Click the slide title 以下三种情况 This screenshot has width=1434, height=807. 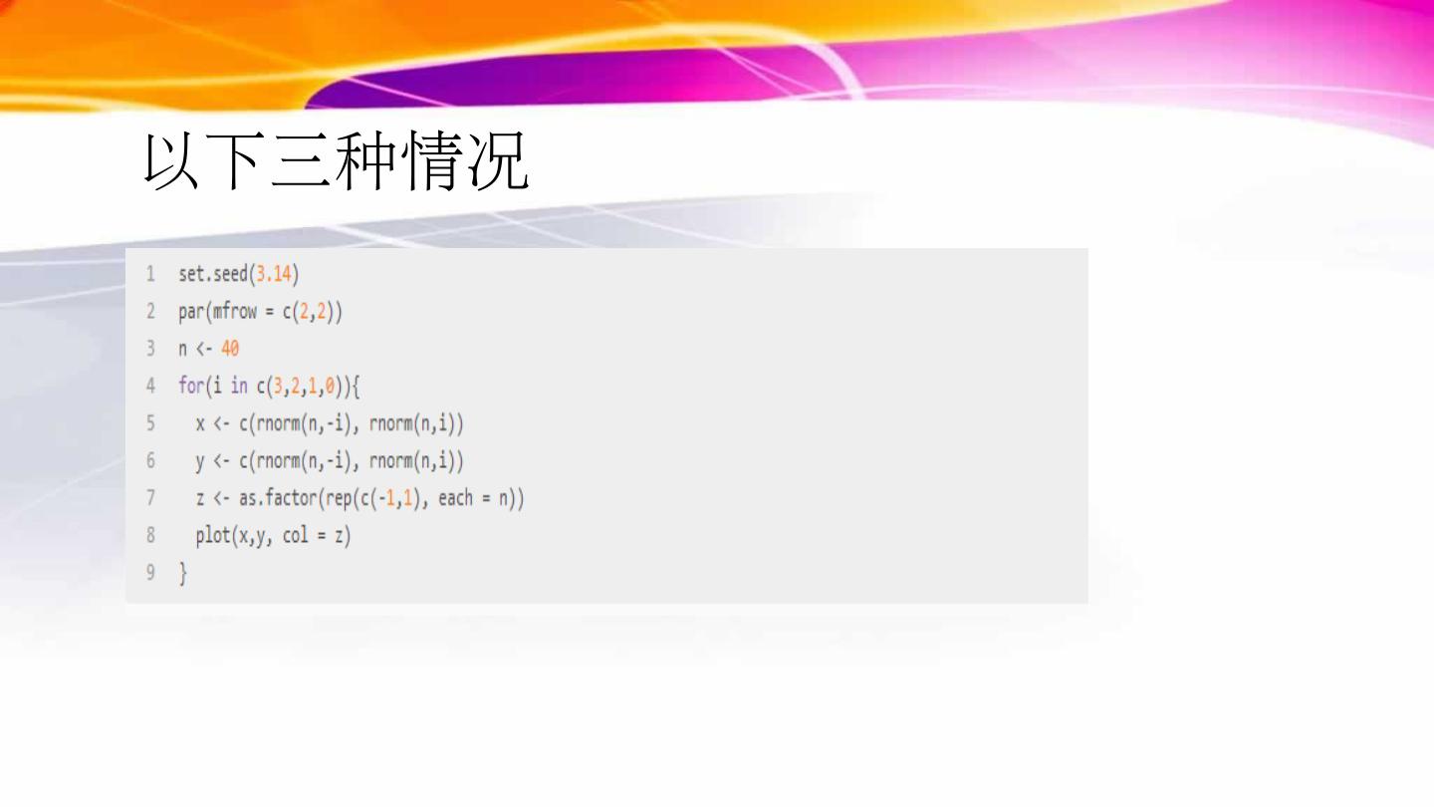coord(336,161)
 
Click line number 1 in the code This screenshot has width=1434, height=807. coord(150,273)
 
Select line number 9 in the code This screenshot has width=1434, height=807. coord(150,573)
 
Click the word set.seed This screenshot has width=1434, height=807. coord(212,273)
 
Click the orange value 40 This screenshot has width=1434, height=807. coord(230,349)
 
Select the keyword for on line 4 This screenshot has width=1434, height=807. coord(188,386)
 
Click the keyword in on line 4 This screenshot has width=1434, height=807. coord(239,386)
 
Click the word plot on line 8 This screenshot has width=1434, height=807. coord(212,536)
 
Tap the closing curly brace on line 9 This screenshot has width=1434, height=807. coord(182,574)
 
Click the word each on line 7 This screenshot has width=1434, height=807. coord(455,498)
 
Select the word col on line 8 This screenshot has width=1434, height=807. coord(295,536)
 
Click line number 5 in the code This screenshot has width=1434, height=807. coord(150,423)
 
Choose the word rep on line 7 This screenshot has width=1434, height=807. coord(338,498)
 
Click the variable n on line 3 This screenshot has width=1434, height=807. coord(183,350)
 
